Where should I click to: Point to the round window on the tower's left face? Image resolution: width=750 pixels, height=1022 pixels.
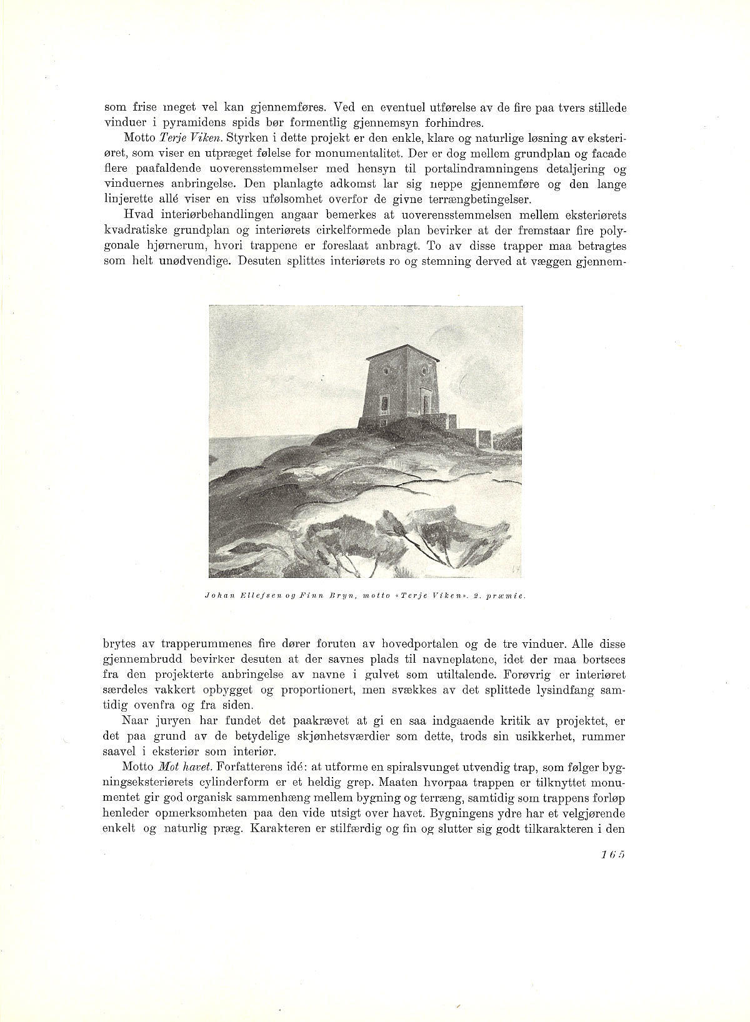[x=386, y=370]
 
